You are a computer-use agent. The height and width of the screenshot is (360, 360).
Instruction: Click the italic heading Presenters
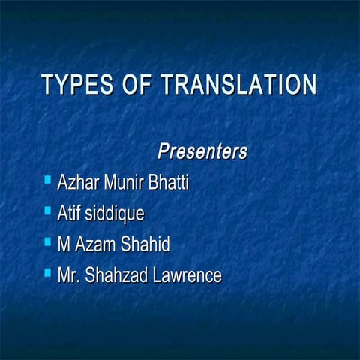tap(202, 151)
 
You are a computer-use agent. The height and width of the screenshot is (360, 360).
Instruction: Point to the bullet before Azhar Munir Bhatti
tap(47, 180)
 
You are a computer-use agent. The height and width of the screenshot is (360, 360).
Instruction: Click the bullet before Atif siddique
tap(47, 211)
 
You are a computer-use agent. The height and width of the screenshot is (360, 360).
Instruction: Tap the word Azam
tap(93, 244)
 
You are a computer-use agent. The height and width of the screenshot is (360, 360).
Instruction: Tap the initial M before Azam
tap(64, 244)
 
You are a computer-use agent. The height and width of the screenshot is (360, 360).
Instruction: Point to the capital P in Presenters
tap(163, 151)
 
